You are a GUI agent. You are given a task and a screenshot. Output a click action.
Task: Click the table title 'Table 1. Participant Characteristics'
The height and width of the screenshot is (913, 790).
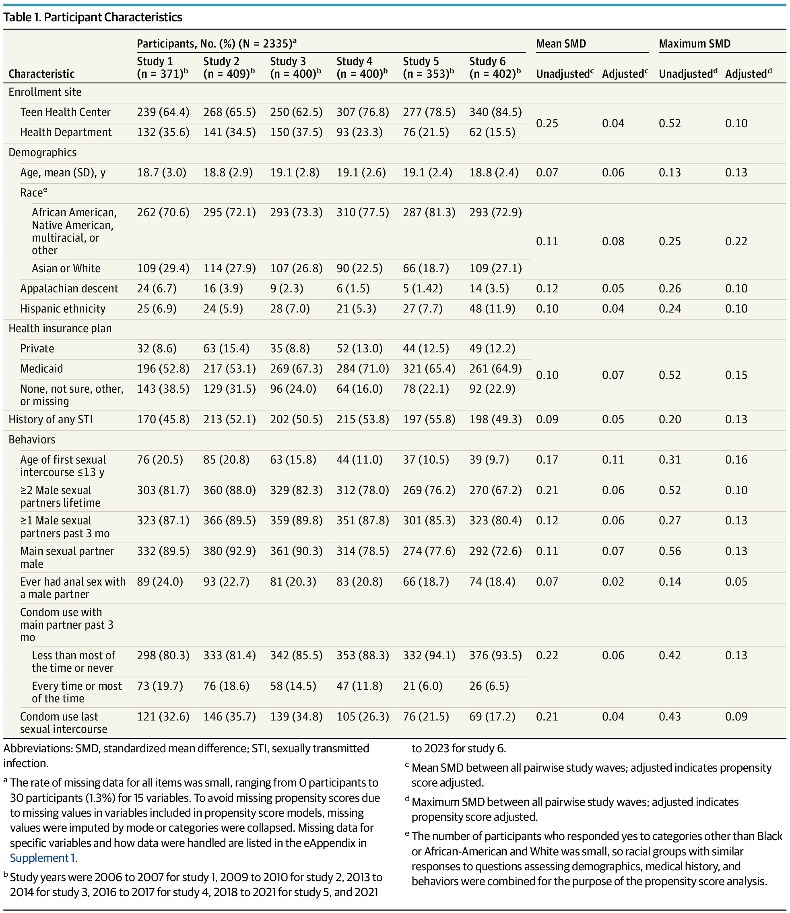pyautogui.click(x=93, y=17)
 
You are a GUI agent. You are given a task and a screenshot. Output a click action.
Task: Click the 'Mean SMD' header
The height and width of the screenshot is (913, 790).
pyautogui.click(x=561, y=43)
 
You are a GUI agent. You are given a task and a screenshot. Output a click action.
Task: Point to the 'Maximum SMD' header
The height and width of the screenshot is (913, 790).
pyautogui.click(x=694, y=43)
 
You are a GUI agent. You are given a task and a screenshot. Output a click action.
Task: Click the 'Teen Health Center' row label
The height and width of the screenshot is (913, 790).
pyautogui.click(x=65, y=112)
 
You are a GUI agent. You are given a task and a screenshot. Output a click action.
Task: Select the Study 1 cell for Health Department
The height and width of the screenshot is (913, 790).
pyautogui.click(x=163, y=132)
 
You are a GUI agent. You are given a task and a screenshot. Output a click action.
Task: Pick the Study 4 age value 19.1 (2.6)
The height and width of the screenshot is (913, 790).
pyautogui.click(x=361, y=172)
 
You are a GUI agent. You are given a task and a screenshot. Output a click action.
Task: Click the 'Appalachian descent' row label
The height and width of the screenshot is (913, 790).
pyautogui.click(x=69, y=288)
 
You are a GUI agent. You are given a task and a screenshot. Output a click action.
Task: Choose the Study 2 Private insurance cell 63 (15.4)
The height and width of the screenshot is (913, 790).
pyautogui.click(x=226, y=349)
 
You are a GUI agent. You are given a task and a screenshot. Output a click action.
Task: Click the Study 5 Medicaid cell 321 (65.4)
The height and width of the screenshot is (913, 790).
pyautogui.click(x=429, y=369)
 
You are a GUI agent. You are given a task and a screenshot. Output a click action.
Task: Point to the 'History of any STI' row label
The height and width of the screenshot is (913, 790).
pyautogui.click(x=51, y=420)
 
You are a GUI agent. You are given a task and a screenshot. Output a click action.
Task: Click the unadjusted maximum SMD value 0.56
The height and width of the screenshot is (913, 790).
pyautogui.click(x=670, y=551)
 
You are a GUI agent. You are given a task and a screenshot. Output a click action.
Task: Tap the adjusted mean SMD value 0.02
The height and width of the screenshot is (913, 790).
pyautogui.click(x=613, y=582)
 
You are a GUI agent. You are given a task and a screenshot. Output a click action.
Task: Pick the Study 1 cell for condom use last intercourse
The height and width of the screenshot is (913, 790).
pyautogui.click(x=163, y=717)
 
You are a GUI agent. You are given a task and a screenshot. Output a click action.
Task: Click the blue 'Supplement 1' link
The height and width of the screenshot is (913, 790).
pyautogui.click(x=42, y=858)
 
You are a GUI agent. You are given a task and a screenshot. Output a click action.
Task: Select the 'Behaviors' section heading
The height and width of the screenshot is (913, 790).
pyautogui.click(x=32, y=440)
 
